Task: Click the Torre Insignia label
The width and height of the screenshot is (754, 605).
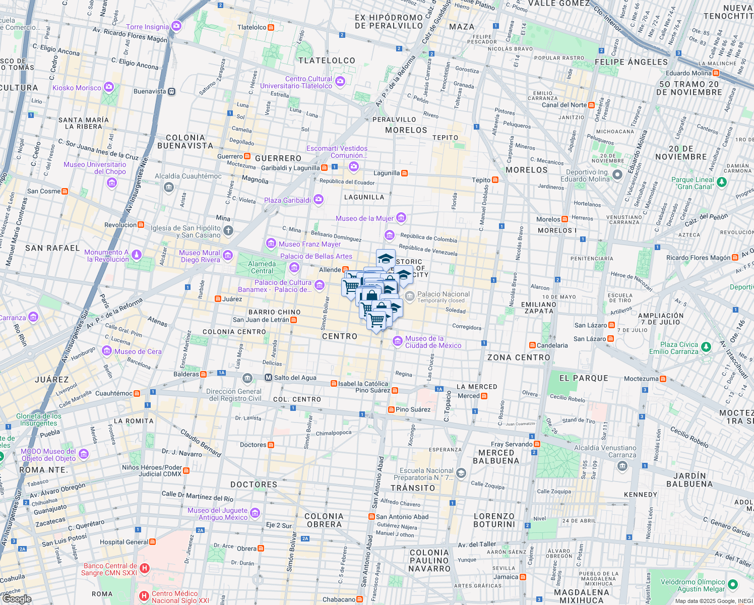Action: (147, 27)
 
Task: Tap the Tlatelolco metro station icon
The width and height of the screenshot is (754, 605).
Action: (271, 27)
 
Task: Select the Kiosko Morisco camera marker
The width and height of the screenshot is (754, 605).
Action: (108, 88)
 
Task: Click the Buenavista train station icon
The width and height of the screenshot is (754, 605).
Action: (172, 92)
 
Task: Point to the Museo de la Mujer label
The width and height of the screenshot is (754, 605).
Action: (364, 218)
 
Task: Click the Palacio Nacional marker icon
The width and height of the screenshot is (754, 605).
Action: (409, 295)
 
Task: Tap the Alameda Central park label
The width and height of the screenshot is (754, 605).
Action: (262, 267)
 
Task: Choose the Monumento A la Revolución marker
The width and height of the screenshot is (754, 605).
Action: (137, 255)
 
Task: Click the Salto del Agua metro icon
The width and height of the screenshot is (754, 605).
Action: (268, 378)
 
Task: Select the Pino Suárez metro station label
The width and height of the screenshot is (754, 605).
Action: (413, 409)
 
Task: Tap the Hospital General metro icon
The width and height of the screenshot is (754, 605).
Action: (153, 542)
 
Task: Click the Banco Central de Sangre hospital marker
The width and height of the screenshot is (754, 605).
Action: (145, 569)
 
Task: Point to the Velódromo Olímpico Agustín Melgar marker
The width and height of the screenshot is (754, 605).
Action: (733, 585)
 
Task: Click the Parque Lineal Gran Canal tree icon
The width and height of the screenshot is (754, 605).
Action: (722, 182)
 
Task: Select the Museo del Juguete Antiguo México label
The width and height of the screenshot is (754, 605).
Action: (218, 514)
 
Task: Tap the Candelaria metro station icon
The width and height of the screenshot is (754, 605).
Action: (532, 345)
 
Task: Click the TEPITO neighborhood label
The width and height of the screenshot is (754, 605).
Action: (445, 138)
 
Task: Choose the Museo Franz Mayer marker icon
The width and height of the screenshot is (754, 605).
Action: (271, 244)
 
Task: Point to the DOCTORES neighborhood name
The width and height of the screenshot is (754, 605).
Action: (254, 485)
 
